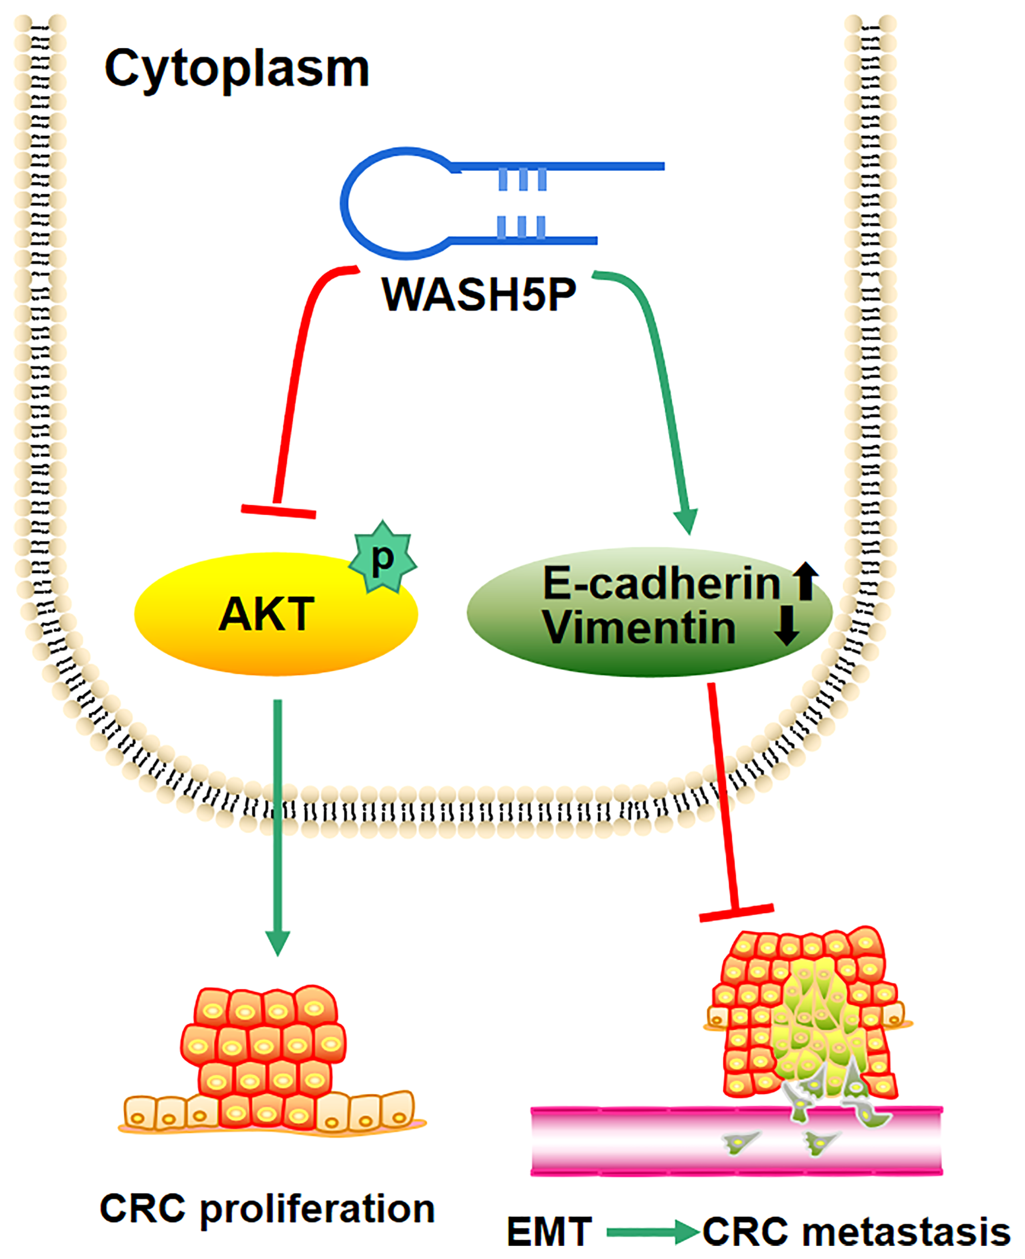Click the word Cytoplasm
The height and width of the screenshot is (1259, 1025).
click(236, 69)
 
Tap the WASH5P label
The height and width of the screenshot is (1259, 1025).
click(478, 294)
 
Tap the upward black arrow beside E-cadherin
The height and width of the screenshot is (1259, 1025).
click(806, 581)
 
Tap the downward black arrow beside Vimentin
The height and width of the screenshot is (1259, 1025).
click(787, 627)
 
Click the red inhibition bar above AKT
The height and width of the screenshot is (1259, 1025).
click(278, 511)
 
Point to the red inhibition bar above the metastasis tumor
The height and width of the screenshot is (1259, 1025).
click(736, 913)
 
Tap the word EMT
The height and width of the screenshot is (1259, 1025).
click(549, 1232)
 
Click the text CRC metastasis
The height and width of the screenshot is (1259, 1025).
click(856, 1232)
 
